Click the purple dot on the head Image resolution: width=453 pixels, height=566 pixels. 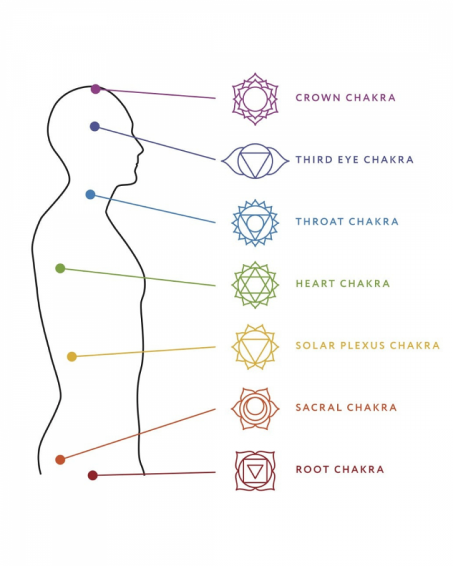[96, 89]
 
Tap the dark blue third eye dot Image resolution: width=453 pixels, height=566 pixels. [95, 126]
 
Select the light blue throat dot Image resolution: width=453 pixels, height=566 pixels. [90, 195]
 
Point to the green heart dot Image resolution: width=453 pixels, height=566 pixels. [60, 269]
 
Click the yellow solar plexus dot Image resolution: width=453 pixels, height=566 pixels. [72, 357]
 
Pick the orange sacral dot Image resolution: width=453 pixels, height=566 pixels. [60, 460]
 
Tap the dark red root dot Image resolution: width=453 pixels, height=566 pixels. [92, 475]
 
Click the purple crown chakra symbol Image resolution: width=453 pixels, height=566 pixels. [255, 99]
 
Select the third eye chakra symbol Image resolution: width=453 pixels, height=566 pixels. [255, 161]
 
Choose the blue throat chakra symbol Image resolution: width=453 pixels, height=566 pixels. [255, 223]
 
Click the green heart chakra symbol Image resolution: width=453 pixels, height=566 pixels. [255, 285]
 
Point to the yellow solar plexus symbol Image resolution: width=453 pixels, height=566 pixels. [255, 347]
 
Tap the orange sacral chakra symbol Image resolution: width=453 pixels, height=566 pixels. [255, 408]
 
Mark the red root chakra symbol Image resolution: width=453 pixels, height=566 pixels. [255, 470]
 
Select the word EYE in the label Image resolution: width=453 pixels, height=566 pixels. [349, 160]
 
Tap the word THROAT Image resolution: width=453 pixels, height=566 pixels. [320, 222]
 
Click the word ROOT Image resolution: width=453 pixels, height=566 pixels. [311, 470]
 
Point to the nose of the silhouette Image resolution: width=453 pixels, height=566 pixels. [142, 151]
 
